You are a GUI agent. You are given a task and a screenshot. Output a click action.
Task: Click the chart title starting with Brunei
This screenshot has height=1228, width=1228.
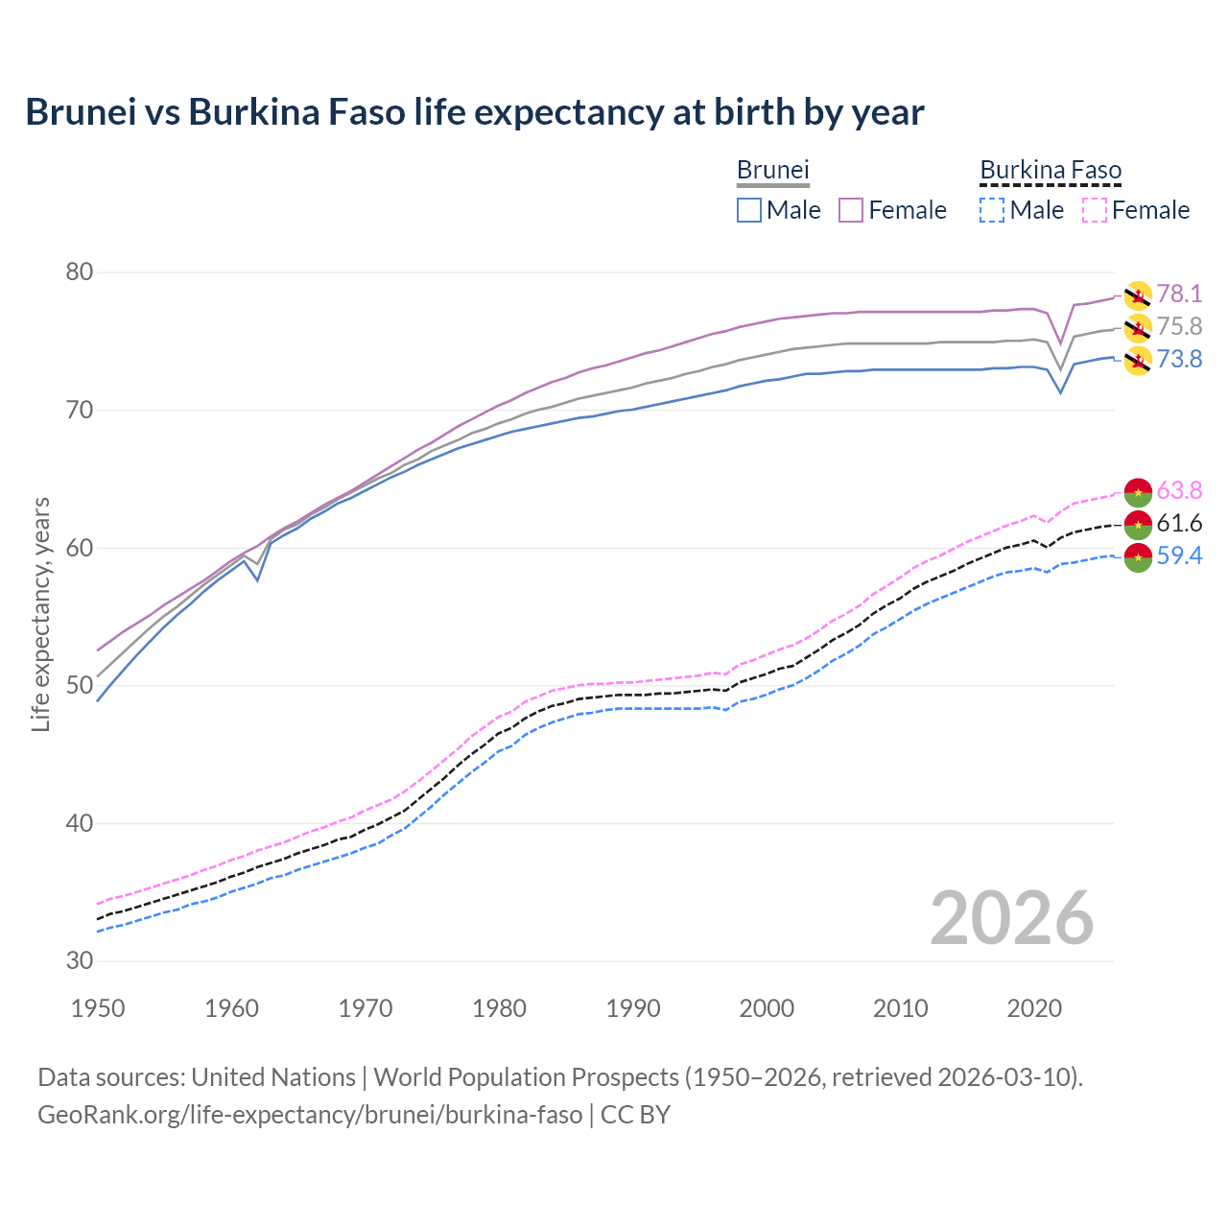[x=474, y=112]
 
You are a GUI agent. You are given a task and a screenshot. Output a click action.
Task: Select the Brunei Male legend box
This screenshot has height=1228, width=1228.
[x=749, y=210]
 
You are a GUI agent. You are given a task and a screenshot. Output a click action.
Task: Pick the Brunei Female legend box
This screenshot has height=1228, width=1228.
[x=851, y=210]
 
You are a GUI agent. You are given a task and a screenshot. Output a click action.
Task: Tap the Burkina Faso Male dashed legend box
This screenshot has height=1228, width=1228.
[x=992, y=210]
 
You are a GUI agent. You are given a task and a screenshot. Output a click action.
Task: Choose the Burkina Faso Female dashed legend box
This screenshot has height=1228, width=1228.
[x=1094, y=210]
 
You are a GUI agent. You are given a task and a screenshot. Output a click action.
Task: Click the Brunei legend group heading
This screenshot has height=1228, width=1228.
[x=773, y=170]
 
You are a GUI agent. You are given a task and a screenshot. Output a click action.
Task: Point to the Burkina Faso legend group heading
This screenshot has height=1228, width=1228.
[x=1051, y=170]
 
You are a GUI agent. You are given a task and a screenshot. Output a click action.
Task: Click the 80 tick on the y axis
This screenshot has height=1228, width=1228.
[x=80, y=272]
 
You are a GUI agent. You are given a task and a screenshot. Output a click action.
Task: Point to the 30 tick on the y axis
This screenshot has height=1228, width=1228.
[x=80, y=960]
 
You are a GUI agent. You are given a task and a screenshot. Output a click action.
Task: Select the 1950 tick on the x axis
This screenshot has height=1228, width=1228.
[x=98, y=1008]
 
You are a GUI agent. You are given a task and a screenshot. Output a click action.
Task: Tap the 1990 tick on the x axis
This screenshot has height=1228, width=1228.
[x=633, y=1008]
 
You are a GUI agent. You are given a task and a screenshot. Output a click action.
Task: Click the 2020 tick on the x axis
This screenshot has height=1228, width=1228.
[x=1034, y=1008]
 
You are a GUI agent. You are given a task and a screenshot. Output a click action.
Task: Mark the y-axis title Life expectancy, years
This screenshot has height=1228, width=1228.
[x=41, y=614]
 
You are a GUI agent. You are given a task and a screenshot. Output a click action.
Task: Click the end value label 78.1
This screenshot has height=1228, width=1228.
[x=1179, y=295]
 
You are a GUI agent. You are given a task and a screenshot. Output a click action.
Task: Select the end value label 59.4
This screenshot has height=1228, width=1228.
[x=1179, y=556]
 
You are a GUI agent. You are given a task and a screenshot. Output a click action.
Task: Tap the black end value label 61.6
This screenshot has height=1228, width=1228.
[x=1179, y=523]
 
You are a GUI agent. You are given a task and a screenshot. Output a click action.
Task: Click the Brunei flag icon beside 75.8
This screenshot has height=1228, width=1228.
[x=1138, y=327]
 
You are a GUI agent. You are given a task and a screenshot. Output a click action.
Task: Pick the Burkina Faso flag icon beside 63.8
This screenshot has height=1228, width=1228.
[x=1138, y=491]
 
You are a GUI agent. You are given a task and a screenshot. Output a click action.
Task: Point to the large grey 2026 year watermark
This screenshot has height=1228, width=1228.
[x=1011, y=918]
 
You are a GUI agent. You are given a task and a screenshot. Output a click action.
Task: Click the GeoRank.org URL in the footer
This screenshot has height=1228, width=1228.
[x=310, y=1115]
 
